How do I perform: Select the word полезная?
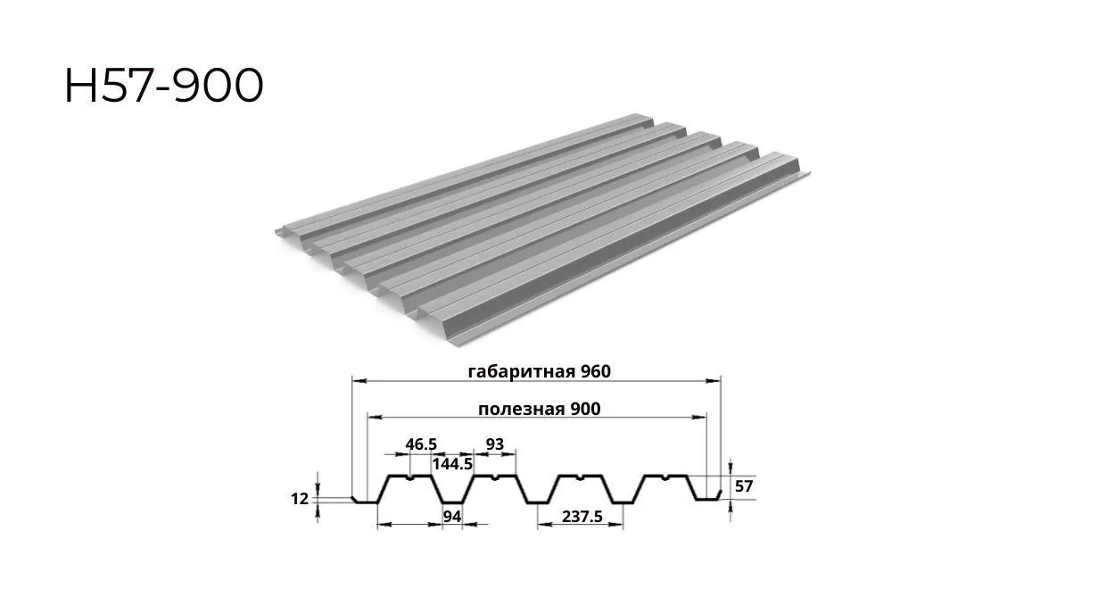pyautogui.click(x=521, y=409)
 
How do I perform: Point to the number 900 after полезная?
pyautogui.click(x=585, y=409)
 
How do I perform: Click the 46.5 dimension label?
pyautogui.click(x=421, y=444)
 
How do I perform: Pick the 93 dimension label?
pyautogui.click(x=495, y=444)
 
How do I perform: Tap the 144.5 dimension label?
pyautogui.click(x=453, y=464)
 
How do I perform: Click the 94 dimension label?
pyautogui.click(x=452, y=517)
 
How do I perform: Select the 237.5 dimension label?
pyautogui.click(x=582, y=517)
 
